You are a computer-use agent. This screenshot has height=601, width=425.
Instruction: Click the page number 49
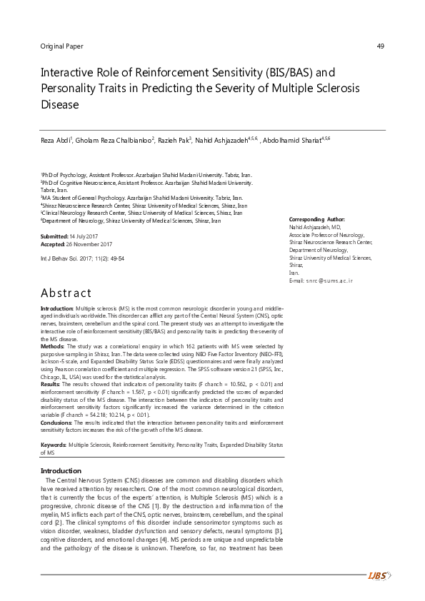380,46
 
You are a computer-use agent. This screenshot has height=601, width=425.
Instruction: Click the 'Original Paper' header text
64,46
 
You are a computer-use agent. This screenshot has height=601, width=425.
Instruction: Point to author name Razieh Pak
175,140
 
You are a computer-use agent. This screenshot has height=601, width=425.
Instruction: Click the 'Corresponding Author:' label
316,218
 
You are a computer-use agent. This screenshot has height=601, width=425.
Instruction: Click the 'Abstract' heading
66,293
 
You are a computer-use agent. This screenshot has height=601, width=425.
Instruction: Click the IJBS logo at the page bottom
379,575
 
